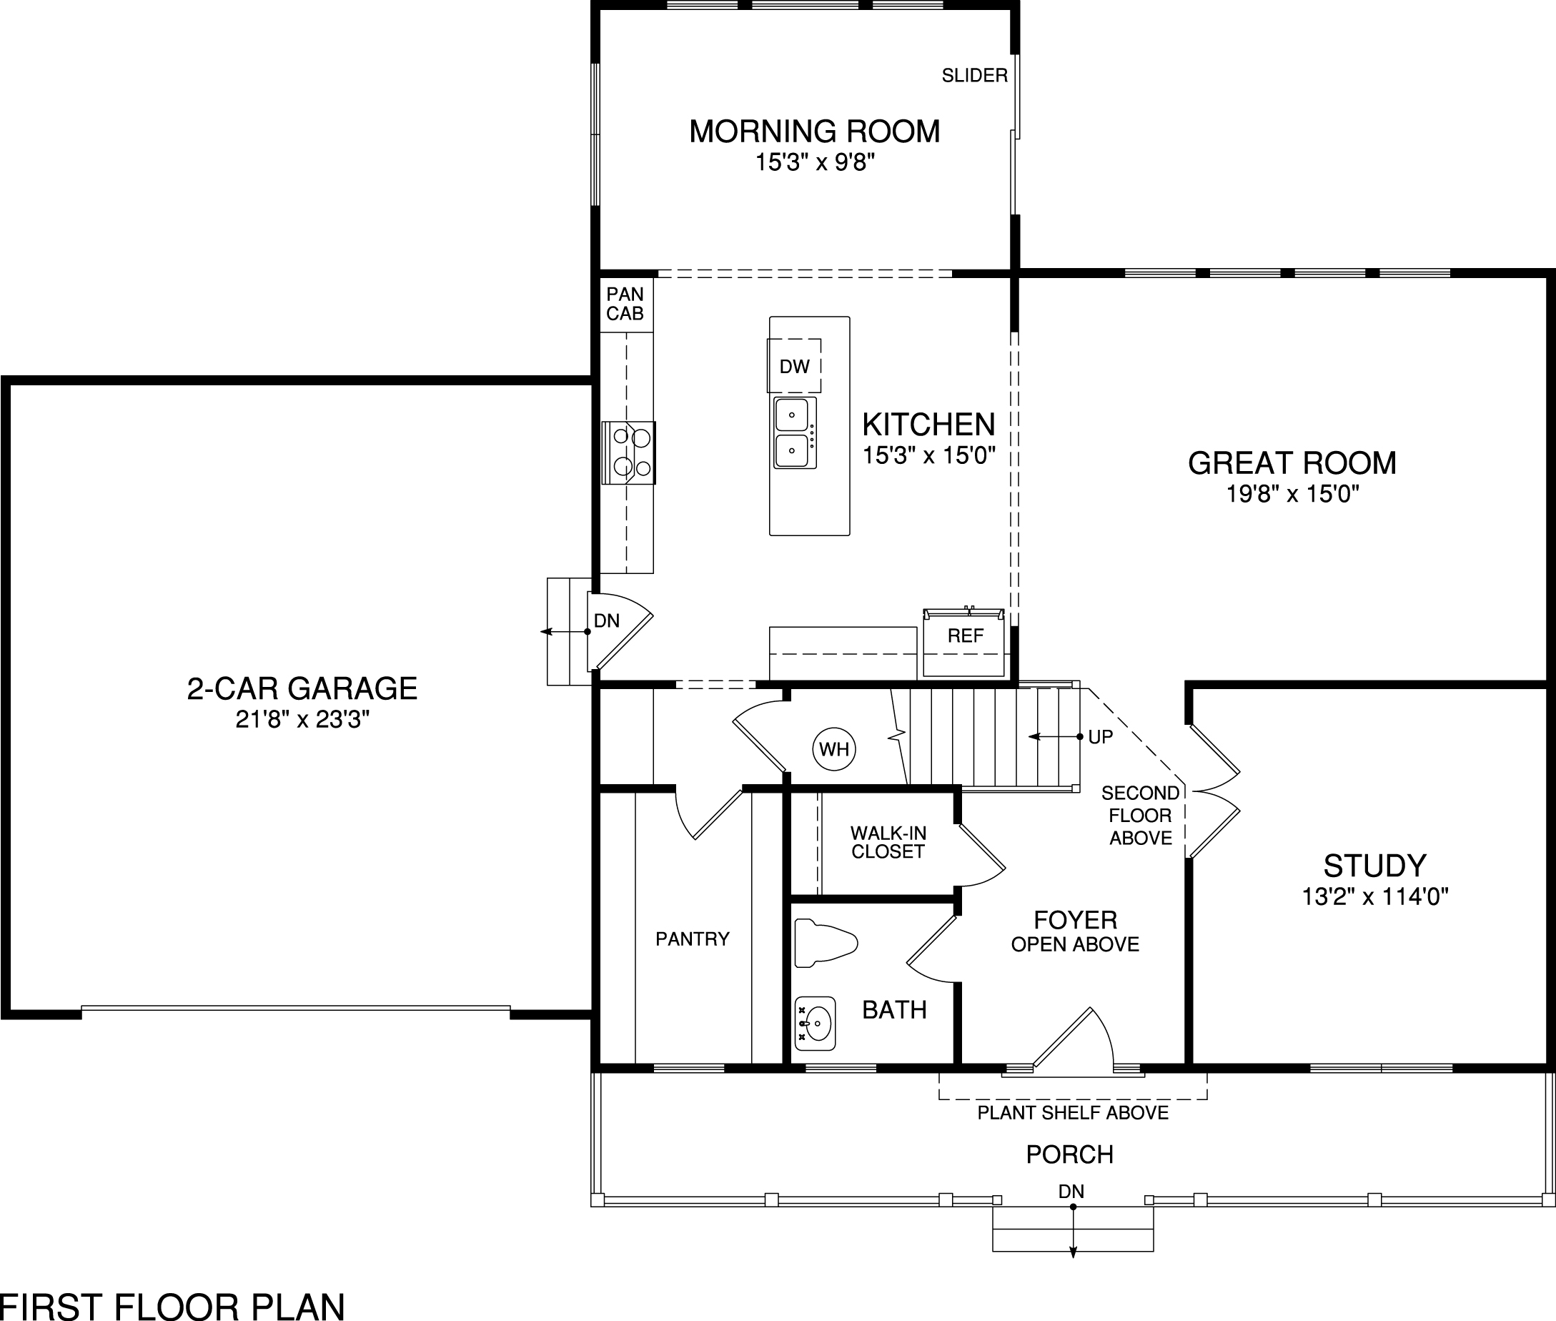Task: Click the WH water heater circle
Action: click(x=834, y=749)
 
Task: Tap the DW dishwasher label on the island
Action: click(x=795, y=366)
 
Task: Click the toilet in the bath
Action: click(x=824, y=941)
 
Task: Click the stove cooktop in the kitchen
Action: click(x=629, y=452)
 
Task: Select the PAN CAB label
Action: click(x=625, y=304)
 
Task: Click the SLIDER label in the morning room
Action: click(x=974, y=76)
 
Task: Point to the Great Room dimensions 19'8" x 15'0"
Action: click(x=1292, y=493)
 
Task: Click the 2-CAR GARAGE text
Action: click(x=302, y=688)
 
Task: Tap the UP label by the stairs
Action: click(x=1100, y=737)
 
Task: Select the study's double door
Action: click(x=1213, y=791)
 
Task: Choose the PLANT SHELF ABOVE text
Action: click(x=1072, y=1113)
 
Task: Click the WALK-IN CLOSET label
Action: click(x=888, y=842)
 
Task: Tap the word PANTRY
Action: click(x=692, y=939)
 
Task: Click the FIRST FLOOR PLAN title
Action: click(x=172, y=1305)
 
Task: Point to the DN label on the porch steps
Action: click(x=1071, y=1191)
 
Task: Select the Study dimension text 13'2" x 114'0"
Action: click(x=1374, y=896)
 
